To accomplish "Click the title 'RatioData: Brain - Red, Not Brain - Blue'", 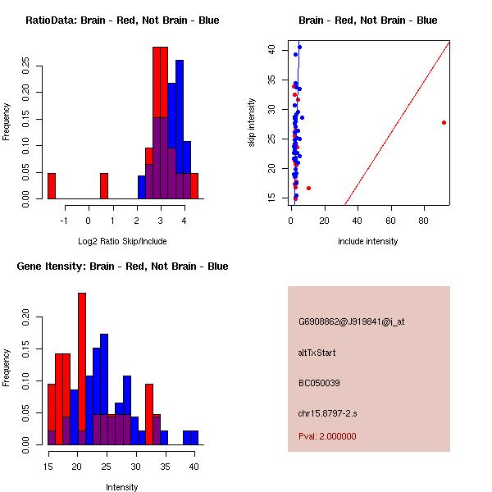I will [122, 20].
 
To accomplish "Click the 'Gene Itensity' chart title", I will [122, 266].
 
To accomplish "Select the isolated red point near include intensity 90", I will [444, 122].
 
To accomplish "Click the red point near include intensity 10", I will [308, 188].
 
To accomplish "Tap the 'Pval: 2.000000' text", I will [327, 436].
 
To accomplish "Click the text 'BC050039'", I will [319, 383].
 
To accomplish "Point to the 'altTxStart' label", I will [317, 353].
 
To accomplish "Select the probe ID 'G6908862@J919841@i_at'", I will [351, 321].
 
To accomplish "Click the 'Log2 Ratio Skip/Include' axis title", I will [122, 241].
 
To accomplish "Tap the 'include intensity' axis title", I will [368, 241].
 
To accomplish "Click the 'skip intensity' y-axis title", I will [253, 123].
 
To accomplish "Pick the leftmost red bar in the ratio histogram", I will [52, 186].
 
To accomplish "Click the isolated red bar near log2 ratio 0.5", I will [104, 186].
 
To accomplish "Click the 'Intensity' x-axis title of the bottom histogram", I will [122, 487].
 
